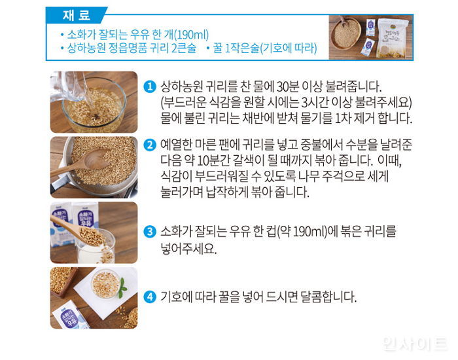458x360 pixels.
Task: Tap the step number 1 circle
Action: pos(150,87)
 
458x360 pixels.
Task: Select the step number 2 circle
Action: pos(150,145)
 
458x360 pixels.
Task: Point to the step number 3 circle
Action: pos(150,232)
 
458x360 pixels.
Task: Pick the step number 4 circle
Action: pos(150,297)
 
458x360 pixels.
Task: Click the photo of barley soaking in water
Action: pos(94,101)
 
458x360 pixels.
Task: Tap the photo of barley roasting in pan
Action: pos(94,167)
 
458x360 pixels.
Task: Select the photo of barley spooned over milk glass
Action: pos(94,232)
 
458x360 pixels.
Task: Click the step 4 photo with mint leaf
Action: pos(94,298)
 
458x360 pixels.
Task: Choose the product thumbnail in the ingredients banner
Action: pos(370,37)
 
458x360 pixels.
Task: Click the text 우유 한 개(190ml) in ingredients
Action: pos(177,34)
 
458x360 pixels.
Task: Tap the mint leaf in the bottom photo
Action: pos(121,285)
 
